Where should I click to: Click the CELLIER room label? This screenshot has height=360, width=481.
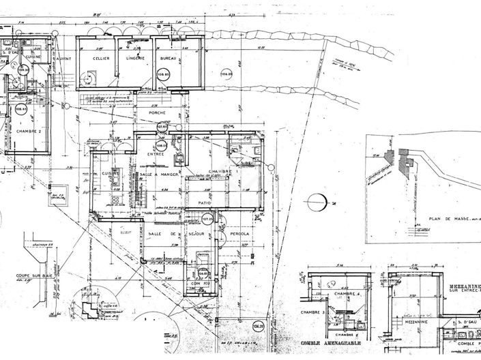pyautogui.click(x=101, y=59)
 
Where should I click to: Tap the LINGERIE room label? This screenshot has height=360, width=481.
pyautogui.click(x=135, y=59)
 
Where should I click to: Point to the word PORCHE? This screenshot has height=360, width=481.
pyautogui.click(x=158, y=112)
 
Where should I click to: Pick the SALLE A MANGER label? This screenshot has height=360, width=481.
pyautogui.click(x=159, y=175)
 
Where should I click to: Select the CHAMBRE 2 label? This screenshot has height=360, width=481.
pyautogui.click(x=29, y=131)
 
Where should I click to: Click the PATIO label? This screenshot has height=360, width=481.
pyautogui.click(x=204, y=203)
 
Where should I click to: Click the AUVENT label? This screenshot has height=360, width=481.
pyautogui.click(x=63, y=59)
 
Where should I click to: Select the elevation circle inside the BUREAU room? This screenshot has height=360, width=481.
pyautogui.click(x=164, y=74)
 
